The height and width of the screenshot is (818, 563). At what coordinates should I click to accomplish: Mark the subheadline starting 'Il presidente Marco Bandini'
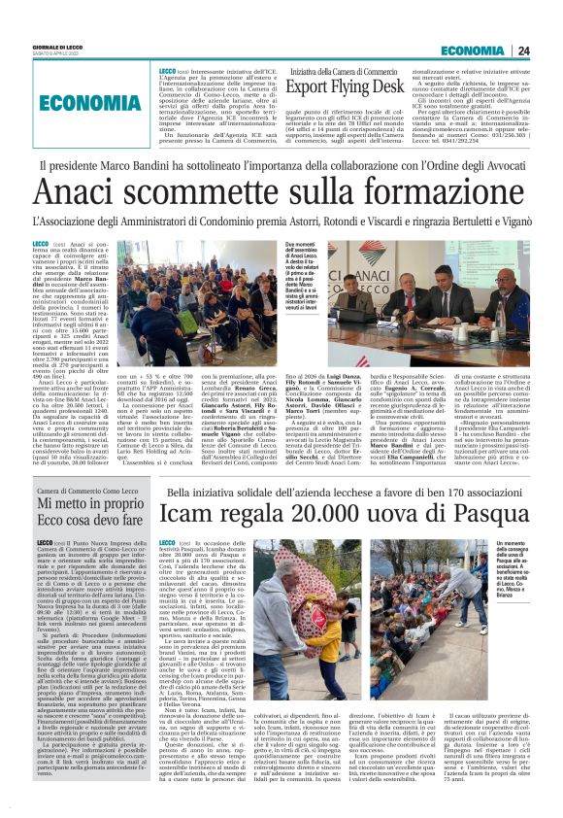[282, 166]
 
